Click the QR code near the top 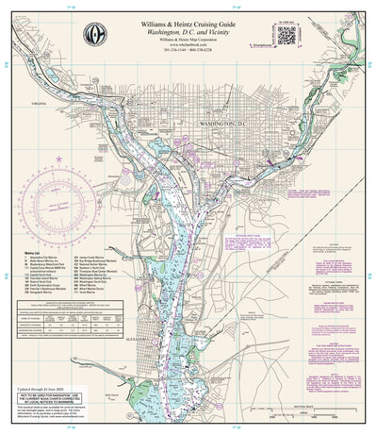[287, 33]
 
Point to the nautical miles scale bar [320, 395]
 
